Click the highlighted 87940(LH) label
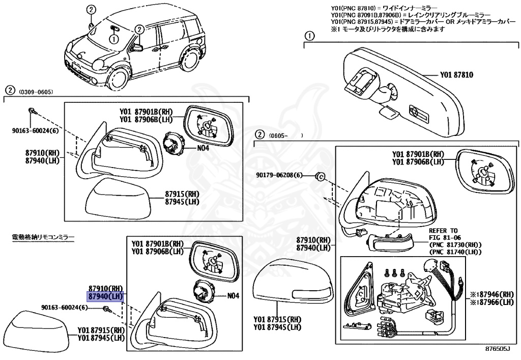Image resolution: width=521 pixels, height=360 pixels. tap(106, 296)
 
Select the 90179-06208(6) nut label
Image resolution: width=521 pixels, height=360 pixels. tap(279, 176)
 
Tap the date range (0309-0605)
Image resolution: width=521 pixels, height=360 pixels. tap(36, 92)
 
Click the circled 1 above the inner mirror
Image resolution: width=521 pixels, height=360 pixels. tap(308, 36)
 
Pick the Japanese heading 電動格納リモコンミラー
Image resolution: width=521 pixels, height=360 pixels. tap(43, 237)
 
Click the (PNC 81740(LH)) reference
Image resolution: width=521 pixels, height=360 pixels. tap(455, 252)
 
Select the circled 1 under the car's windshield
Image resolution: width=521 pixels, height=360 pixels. tap(113, 38)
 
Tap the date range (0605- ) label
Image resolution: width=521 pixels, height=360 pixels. tap(287, 136)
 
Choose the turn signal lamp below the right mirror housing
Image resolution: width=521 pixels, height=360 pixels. tap(389, 242)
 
